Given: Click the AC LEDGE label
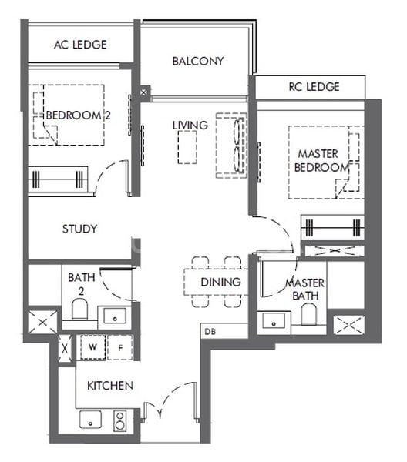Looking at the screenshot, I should [x=80, y=45].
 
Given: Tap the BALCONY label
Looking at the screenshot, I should [x=197, y=61].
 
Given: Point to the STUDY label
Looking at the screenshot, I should [x=79, y=229].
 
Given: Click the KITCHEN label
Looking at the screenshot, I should [x=110, y=385].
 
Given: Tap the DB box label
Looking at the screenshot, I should [x=210, y=332].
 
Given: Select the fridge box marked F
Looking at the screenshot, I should [x=119, y=348].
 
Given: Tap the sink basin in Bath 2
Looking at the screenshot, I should [x=116, y=315].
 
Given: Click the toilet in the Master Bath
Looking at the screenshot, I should [x=309, y=315].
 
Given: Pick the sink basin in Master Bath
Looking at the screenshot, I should [x=275, y=319].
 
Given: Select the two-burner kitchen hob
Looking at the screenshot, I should [x=120, y=420].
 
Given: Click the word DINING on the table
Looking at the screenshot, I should [x=220, y=283].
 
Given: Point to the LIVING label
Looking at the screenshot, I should [x=190, y=125].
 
